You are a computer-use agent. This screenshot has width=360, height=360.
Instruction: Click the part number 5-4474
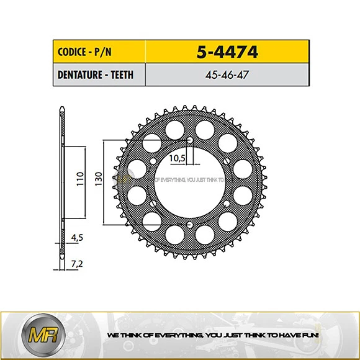point(227,52)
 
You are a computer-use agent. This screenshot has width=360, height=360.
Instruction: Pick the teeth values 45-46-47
point(227,75)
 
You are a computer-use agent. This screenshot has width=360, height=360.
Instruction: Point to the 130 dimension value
point(98,181)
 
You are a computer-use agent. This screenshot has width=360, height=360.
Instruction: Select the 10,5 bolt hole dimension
point(178,158)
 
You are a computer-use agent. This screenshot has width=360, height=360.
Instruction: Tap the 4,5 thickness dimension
point(77,236)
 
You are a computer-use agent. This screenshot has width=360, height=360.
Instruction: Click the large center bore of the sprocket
point(190,186)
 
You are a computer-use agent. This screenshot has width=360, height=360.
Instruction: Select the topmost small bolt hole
point(191,140)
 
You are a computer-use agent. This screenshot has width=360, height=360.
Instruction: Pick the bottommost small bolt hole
point(191,225)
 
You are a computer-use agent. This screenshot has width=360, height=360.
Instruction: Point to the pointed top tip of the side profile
point(61,109)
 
